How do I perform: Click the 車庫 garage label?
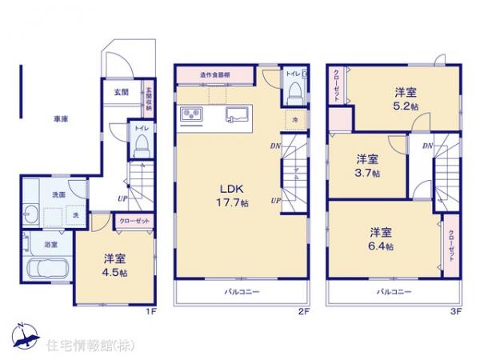click(x=61, y=119)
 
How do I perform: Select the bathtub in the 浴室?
click(x=47, y=269)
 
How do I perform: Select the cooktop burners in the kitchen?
click(x=193, y=118)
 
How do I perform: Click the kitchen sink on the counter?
click(x=238, y=115)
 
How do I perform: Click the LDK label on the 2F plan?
click(x=233, y=190)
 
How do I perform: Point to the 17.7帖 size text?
click(x=234, y=204)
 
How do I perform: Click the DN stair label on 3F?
click(x=428, y=146)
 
